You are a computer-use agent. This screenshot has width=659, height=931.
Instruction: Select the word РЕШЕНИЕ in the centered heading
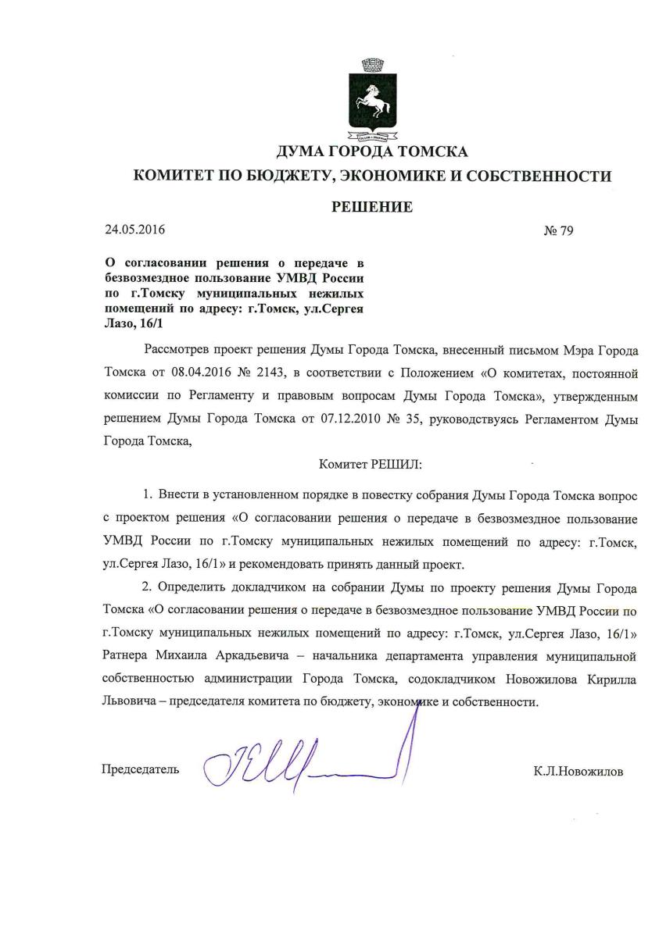[x=371, y=206]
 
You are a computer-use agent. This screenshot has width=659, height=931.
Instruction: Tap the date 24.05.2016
[x=135, y=230]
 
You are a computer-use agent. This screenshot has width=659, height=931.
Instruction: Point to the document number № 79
[x=558, y=231]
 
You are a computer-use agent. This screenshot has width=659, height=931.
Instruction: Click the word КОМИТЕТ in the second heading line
[x=178, y=177]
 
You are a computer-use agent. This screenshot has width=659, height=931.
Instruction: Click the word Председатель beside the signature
[x=141, y=769]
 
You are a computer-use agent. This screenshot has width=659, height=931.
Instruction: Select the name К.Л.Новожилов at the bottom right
[x=579, y=771]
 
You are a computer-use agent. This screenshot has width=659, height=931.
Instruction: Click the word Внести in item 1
[x=177, y=496]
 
